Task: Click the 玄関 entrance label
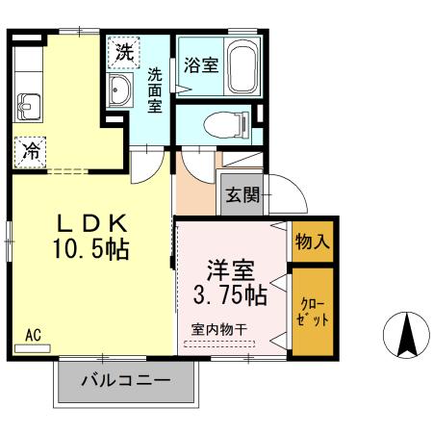click(242, 195)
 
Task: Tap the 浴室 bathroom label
click(200, 65)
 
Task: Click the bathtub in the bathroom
click(241, 66)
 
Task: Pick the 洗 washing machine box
click(123, 52)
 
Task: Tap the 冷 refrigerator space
click(31, 150)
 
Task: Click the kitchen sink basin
click(26, 103)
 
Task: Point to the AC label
click(33, 335)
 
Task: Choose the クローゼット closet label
click(312, 311)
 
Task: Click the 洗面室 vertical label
click(154, 89)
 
